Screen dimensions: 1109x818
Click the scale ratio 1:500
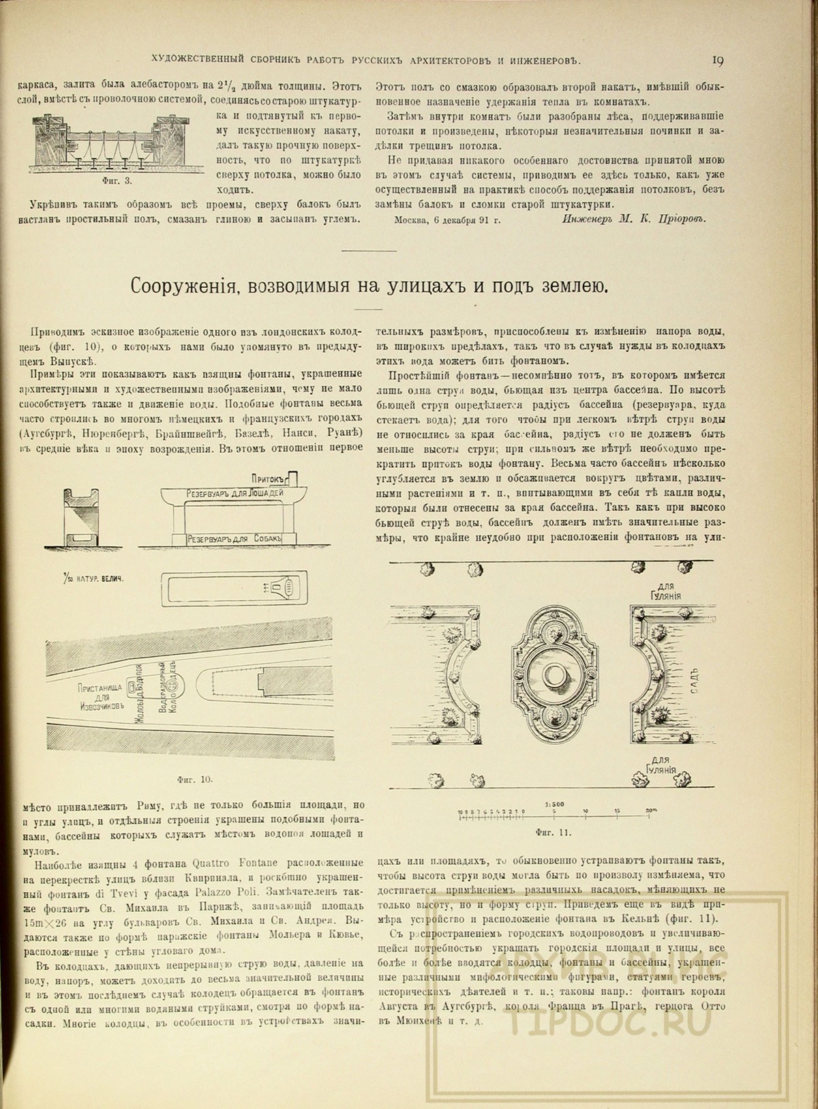[553, 803]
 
